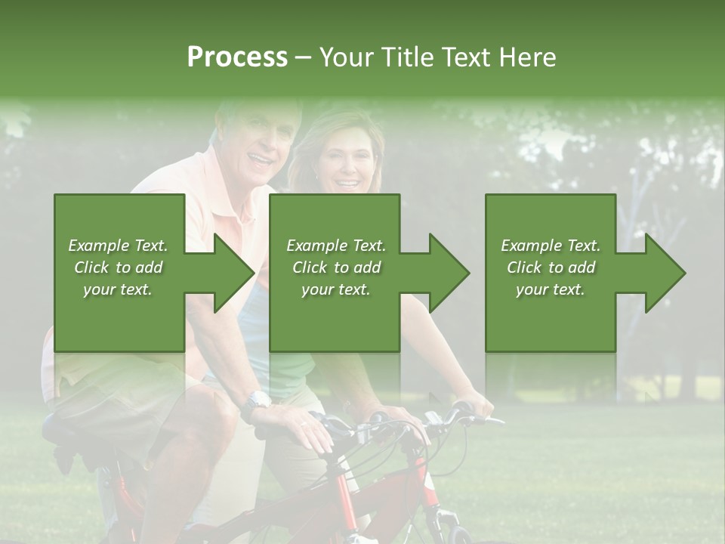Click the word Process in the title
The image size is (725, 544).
[237, 57]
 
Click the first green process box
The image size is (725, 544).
[119, 273]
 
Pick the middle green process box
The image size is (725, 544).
[335, 273]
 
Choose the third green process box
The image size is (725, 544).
[551, 273]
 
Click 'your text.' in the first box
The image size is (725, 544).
[118, 289]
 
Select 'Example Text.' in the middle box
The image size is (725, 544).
[335, 246]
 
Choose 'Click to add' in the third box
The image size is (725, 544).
[551, 267]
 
